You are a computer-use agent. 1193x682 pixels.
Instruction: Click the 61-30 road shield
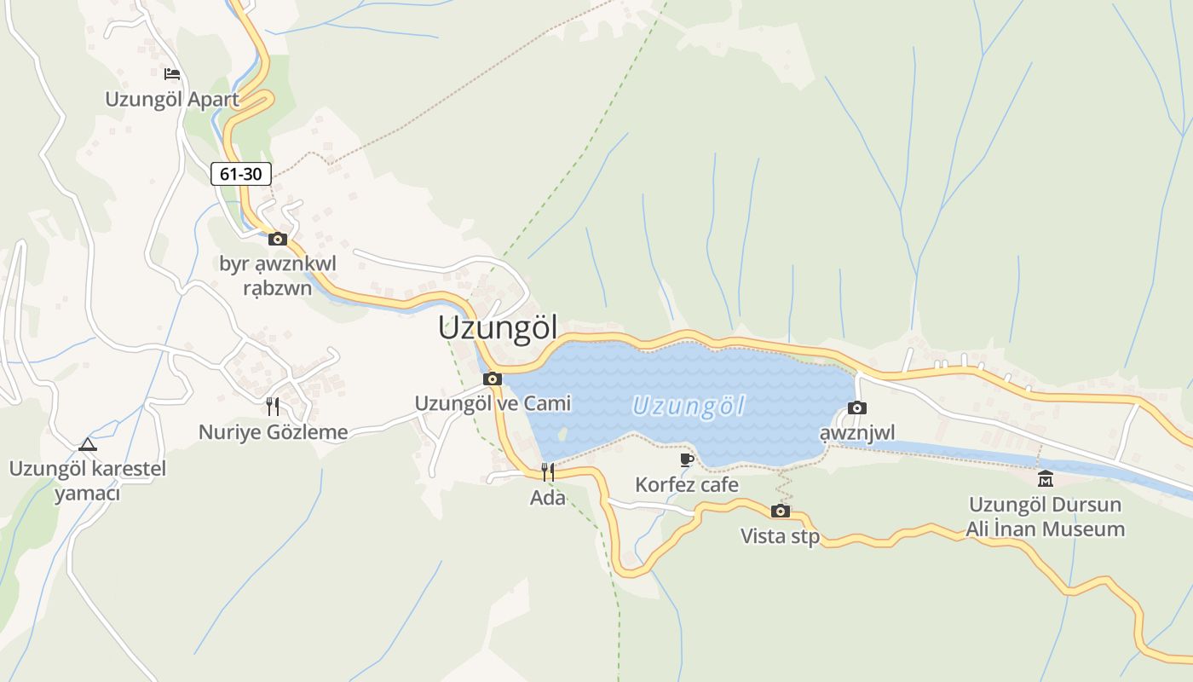(241, 174)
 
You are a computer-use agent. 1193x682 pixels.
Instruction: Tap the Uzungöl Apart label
(172, 99)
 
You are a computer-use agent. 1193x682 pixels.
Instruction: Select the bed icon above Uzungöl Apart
(172, 74)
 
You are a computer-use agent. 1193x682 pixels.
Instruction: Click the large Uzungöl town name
(498, 328)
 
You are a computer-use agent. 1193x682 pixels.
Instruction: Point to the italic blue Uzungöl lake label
(689, 406)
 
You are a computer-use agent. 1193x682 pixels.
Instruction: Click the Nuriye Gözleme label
(273, 432)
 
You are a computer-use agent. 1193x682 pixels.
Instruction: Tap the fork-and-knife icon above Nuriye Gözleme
(273, 407)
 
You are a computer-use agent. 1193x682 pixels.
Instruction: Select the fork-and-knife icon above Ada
(548, 471)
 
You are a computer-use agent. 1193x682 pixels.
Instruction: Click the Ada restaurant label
(548, 498)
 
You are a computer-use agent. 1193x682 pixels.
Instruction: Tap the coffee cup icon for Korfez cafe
(687, 460)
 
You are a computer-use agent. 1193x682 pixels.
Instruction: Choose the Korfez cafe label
(687, 485)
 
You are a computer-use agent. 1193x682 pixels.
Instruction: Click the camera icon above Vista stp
(780, 511)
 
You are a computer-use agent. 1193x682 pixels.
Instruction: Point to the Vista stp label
(780, 536)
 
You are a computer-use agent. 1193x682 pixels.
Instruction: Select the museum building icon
(1046, 478)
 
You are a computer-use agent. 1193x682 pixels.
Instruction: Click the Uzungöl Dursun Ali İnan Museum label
(1046, 517)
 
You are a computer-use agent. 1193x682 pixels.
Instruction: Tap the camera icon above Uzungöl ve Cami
(493, 379)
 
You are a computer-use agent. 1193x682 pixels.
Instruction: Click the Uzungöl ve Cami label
(493, 403)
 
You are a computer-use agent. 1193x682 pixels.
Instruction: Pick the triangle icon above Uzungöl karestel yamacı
(87, 444)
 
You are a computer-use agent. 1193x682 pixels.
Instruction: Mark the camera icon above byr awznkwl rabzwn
(278, 240)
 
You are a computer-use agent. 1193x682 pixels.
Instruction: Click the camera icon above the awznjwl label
(857, 408)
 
